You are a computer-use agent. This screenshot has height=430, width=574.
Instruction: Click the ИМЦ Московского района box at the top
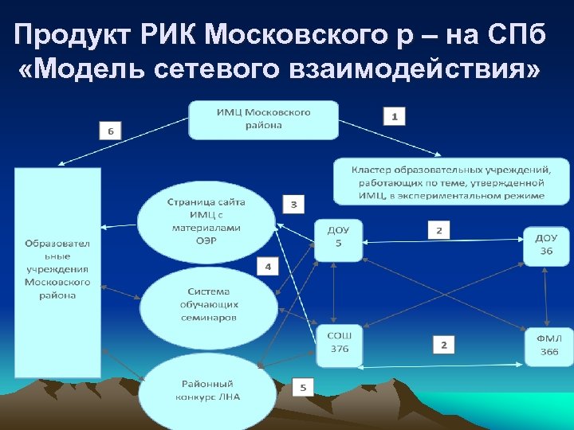click(x=263, y=119)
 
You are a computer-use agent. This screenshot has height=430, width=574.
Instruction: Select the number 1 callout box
click(x=394, y=115)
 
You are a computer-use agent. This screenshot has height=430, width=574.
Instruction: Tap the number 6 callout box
click(x=111, y=131)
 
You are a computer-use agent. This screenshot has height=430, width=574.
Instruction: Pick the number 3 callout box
click(x=293, y=205)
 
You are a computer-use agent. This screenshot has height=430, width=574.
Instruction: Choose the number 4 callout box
click(x=268, y=266)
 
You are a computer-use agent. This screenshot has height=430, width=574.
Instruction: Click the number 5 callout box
click(x=303, y=388)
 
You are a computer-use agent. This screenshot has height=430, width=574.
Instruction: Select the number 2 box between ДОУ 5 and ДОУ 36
click(x=438, y=230)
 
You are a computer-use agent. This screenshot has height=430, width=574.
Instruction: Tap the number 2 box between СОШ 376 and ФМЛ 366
click(x=444, y=344)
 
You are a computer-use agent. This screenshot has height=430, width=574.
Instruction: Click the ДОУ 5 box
click(x=338, y=238)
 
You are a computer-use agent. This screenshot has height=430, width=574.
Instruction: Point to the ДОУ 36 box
click(x=546, y=244)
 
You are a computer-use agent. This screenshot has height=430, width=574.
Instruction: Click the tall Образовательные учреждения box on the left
click(x=57, y=271)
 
